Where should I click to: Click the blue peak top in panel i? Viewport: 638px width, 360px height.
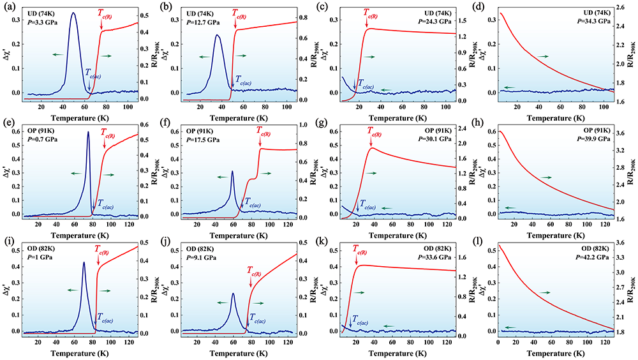coord(84,262)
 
